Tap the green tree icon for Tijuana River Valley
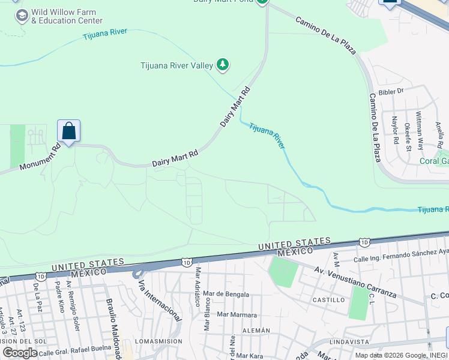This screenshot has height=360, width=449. point(223,65)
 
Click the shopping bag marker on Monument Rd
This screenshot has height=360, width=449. point(68,131)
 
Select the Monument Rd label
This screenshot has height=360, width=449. point(39,158)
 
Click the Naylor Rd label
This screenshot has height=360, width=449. point(395,130)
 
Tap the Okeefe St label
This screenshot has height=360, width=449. point(408,137)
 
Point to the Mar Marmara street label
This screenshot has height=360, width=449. point(237,314)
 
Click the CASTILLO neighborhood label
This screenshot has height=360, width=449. point(328,299)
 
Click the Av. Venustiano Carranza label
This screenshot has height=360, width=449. point(355,282)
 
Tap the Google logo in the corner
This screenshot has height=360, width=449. point(20,353)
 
